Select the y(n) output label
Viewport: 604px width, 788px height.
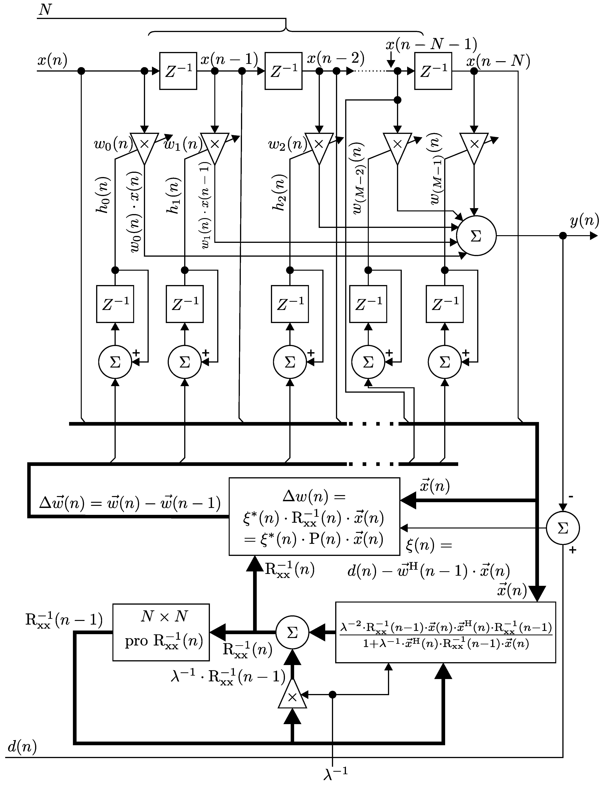(x=584, y=220)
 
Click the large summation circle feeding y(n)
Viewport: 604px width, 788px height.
(x=476, y=236)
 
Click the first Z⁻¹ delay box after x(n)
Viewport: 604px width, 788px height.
(x=178, y=71)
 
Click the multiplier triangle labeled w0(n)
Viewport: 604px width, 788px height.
(x=144, y=146)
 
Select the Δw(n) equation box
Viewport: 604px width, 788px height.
(x=314, y=517)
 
